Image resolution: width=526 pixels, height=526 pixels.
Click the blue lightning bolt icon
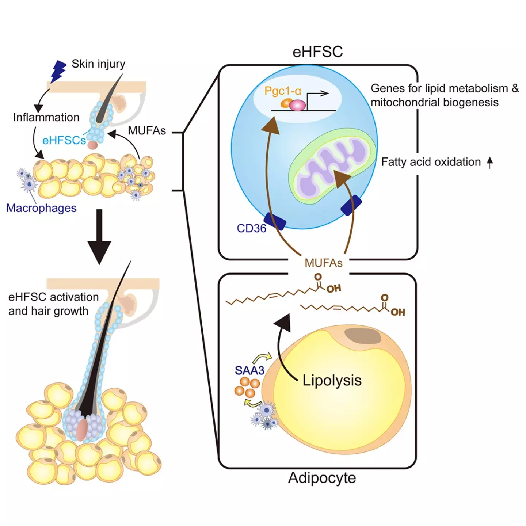point(58,72)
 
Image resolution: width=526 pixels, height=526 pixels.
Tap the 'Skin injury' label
point(98,64)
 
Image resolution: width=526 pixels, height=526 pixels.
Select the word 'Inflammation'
point(46,117)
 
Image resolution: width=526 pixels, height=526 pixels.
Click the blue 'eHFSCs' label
point(64,140)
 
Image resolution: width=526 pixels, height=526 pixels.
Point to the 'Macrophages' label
point(41,208)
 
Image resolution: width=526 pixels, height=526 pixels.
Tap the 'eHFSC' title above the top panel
point(317,52)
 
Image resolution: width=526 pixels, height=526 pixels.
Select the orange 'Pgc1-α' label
point(283,91)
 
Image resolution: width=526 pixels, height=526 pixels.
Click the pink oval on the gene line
point(297,105)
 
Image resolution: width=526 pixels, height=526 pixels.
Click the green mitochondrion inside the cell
point(332,166)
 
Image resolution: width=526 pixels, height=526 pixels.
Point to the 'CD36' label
point(251,228)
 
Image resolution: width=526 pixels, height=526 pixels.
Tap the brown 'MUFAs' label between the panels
point(323,263)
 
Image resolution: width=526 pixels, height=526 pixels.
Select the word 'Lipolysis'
point(332,381)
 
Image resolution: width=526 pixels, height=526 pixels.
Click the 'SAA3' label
point(249,370)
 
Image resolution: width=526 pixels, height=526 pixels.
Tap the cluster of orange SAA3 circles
point(247,387)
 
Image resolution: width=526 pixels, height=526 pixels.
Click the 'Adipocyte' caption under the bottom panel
point(322,478)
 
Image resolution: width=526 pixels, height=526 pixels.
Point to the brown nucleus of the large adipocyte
point(363,336)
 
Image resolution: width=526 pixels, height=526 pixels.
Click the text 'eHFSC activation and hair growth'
point(53,304)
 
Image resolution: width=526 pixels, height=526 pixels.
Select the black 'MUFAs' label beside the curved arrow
point(147,131)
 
